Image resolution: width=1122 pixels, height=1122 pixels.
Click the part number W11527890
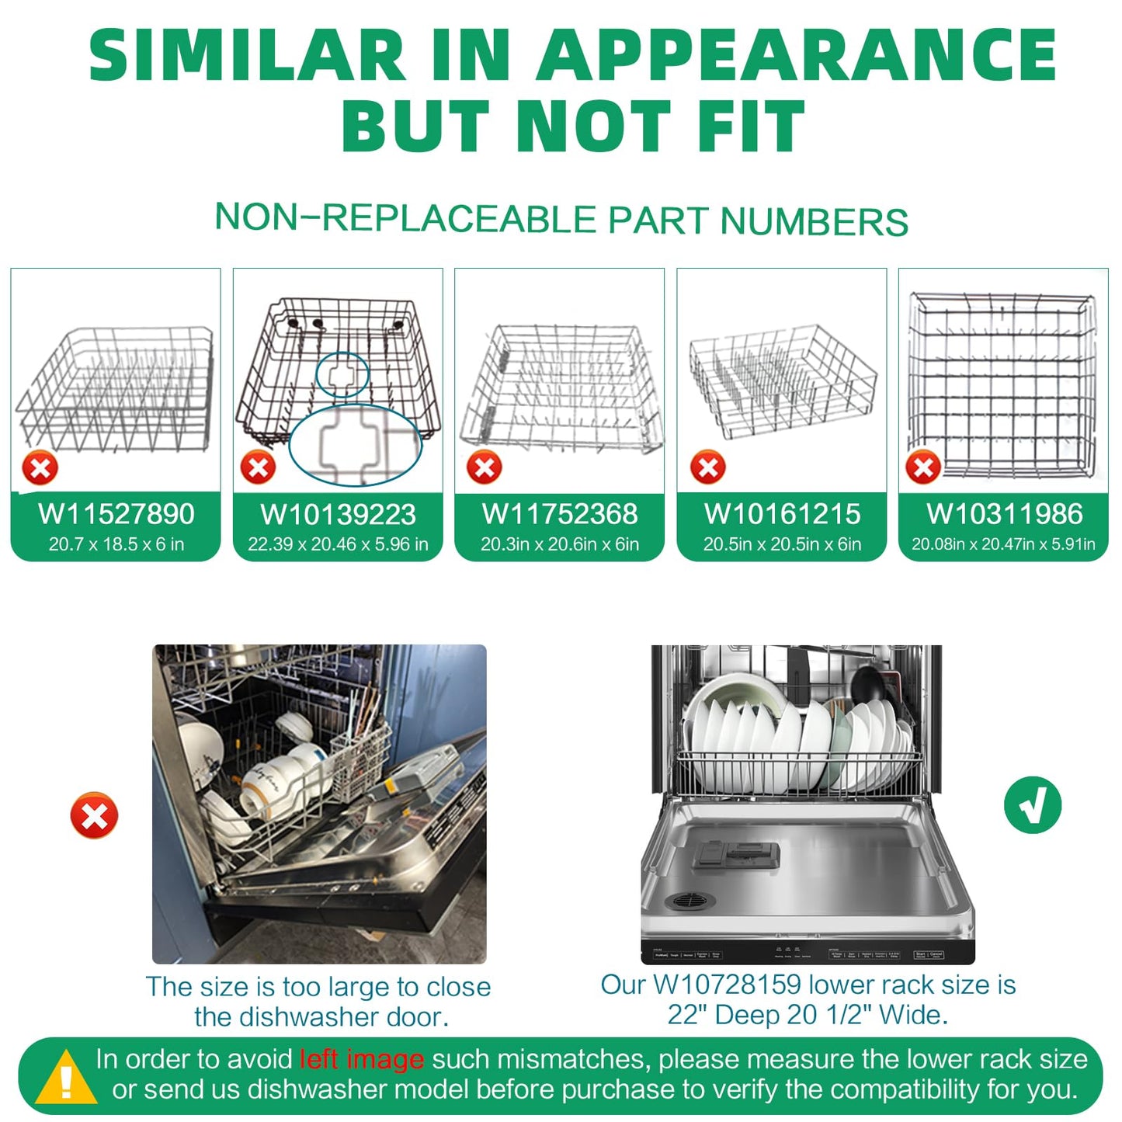pyautogui.click(x=116, y=514)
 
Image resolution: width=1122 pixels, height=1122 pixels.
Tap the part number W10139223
pyautogui.click(x=338, y=515)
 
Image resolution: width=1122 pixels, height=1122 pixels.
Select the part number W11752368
pyautogui.click(x=560, y=514)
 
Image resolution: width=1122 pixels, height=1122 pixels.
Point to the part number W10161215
pyautogui.click(x=782, y=514)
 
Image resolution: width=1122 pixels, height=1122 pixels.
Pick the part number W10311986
pyautogui.click(x=1004, y=514)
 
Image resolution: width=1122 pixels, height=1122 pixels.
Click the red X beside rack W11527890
pyautogui.click(x=40, y=468)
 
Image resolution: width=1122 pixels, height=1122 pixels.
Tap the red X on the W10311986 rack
pyautogui.click(x=923, y=467)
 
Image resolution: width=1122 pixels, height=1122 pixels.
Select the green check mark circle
pyautogui.click(x=1032, y=805)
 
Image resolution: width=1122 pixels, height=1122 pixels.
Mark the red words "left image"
pyautogui.click(x=362, y=1059)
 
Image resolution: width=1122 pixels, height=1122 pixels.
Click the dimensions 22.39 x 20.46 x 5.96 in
pyautogui.click(x=338, y=544)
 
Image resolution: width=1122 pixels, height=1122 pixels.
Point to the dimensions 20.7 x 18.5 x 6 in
pyautogui.click(x=116, y=544)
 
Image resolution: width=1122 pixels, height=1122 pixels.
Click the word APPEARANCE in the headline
pyautogui.click(x=797, y=56)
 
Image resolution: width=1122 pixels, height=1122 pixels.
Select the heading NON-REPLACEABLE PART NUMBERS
pyautogui.click(x=561, y=219)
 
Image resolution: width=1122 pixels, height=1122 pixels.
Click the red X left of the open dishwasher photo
pyautogui.click(x=94, y=815)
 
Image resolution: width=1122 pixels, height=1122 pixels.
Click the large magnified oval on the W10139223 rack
pyautogui.click(x=355, y=445)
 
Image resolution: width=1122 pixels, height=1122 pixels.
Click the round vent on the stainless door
pyautogui.click(x=690, y=901)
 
